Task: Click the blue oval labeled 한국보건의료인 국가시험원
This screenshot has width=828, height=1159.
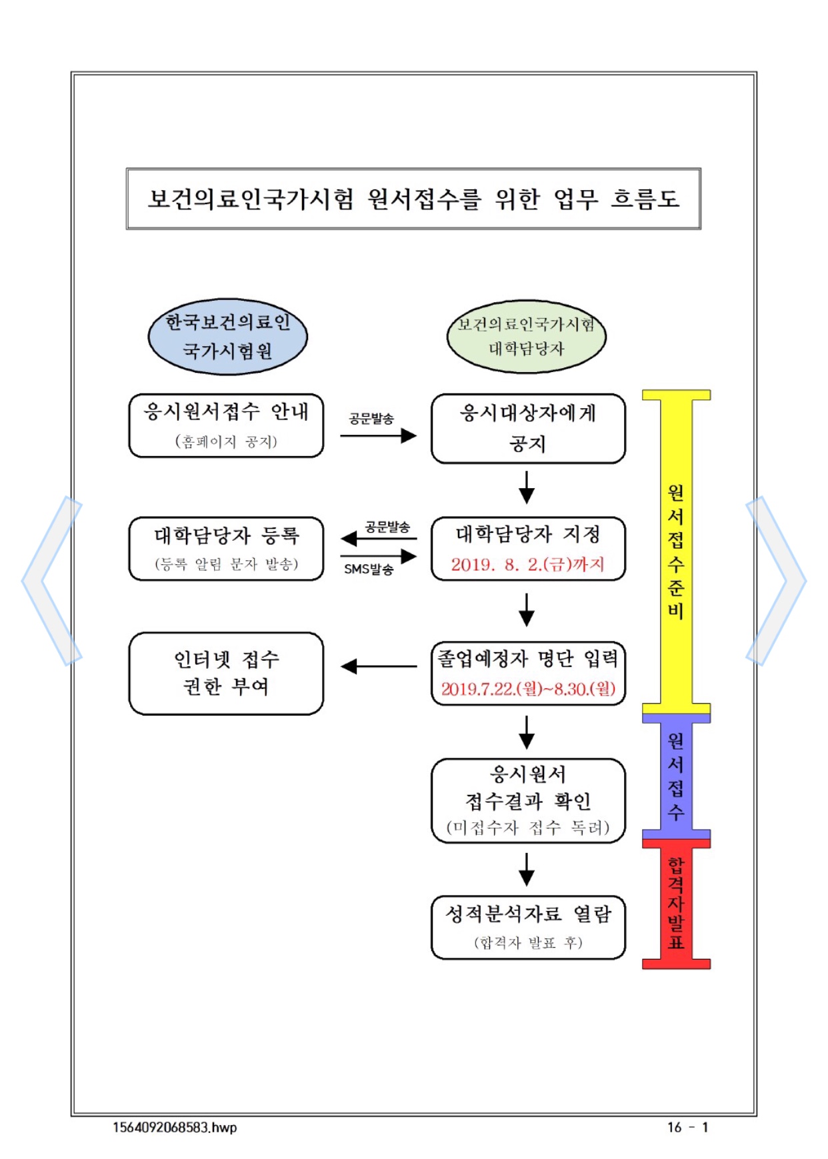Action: [x=227, y=337]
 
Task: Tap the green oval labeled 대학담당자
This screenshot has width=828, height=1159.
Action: [x=526, y=337]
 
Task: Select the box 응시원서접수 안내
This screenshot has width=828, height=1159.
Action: [x=226, y=425]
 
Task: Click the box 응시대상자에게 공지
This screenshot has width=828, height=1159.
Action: [x=528, y=428]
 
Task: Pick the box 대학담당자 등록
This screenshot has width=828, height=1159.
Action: [x=226, y=548]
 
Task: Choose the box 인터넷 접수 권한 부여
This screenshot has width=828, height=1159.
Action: [x=226, y=673]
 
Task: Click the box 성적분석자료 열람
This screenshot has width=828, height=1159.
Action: [x=528, y=927]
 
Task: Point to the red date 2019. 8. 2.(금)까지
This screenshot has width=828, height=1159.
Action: [x=527, y=565]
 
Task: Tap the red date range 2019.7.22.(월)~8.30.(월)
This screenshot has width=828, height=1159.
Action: [x=528, y=689]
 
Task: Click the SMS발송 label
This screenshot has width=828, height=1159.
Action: [x=369, y=569]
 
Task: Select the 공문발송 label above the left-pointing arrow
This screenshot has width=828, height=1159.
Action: [x=387, y=527]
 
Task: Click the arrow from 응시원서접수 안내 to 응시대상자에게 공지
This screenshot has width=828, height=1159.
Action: [x=378, y=436]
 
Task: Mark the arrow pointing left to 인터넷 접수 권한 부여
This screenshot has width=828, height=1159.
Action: [x=378, y=666]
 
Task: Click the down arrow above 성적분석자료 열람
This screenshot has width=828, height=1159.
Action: [x=527, y=870]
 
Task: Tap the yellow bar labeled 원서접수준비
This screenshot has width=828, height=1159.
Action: [x=676, y=551]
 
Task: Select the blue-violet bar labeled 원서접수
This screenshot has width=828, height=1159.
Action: [x=676, y=776]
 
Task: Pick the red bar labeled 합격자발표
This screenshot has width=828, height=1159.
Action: [x=676, y=904]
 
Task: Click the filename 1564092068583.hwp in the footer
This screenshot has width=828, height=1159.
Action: [x=175, y=1127]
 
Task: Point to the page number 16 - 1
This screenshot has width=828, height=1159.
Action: [x=688, y=1127]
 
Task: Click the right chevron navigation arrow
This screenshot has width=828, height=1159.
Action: [x=777, y=581]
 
